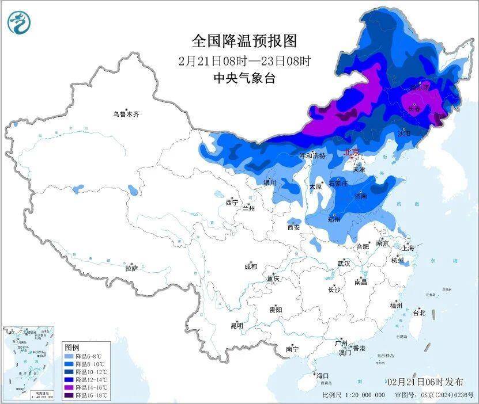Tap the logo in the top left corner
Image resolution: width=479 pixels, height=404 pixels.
(18, 22)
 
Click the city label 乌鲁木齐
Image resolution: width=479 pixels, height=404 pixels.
(126, 115)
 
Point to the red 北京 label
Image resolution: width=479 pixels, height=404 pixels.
(351, 153)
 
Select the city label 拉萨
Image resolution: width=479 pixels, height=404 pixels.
(131, 268)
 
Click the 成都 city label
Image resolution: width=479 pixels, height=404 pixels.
(251, 266)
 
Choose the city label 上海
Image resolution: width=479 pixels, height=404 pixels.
(408, 248)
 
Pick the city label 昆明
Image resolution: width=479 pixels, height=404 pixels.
(237, 326)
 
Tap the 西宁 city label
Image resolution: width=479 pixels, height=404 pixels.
(232, 203)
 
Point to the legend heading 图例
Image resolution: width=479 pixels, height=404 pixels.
(72, 348)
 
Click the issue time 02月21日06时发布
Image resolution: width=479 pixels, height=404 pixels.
(425, 382)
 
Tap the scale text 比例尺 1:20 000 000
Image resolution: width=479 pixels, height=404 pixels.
(353, 395)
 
